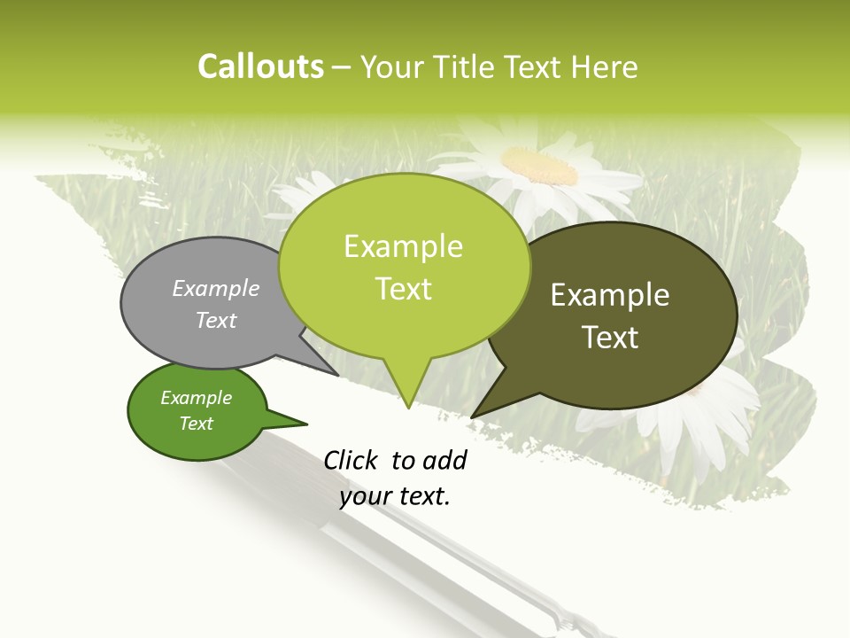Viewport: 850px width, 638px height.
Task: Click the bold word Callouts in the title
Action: (261, 66)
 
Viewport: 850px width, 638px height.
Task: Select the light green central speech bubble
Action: (404, 266)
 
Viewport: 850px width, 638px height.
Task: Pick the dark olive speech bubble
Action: (620, 315)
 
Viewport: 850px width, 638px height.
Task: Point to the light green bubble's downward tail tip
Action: (408, 407)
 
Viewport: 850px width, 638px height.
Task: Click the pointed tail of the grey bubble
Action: (336, 374)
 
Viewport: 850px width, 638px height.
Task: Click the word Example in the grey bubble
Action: (216, 288)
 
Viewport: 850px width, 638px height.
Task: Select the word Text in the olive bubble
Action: (610, 338)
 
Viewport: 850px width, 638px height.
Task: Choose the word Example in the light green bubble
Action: (403, 246)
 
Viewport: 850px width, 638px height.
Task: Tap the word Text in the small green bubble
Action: (197, 424)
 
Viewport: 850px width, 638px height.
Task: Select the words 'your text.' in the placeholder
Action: (395, 496)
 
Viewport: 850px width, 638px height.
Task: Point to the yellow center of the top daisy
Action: (540, 164)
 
